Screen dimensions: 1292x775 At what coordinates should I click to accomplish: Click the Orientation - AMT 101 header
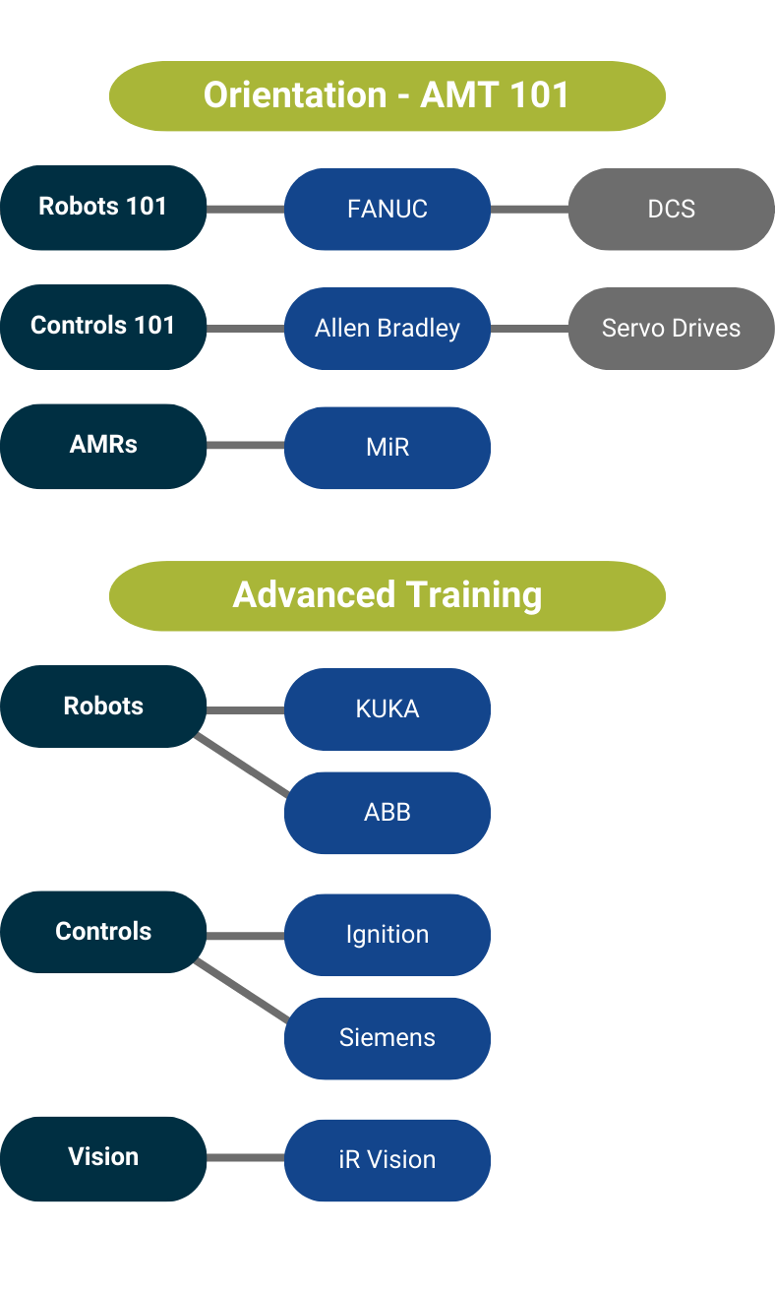[x=387, y=95]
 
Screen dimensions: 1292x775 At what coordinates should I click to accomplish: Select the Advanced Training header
[x=387, y=595]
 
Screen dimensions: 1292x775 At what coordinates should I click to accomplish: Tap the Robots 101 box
[x=103, y=207]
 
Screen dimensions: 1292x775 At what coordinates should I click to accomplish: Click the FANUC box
[x=387, y=209]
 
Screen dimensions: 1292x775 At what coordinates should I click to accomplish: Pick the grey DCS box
[x=671, y=209]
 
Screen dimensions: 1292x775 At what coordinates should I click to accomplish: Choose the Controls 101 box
[x=103, y=327]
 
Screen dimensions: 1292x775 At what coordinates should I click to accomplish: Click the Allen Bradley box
[x=387, y=329]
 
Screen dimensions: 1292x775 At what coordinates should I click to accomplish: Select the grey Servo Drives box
[x=671, y=329]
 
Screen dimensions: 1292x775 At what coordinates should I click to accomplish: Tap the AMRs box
[x=103, y=446]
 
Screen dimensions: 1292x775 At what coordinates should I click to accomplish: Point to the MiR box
[x=387, y=448]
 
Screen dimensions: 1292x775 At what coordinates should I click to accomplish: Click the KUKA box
[x=387, y=709]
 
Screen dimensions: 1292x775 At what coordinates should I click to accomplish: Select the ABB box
[x=387, y=813]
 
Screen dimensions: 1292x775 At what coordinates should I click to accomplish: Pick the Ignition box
[x=387, y=935]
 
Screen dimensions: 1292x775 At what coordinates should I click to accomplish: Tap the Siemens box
[x=387, y=1038]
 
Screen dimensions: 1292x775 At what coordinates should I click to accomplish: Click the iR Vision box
[x=387, y=1160]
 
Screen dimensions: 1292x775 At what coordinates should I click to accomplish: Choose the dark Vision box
[x=103, y=1158]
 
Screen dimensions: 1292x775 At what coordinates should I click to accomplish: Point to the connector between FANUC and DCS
[x=529, y=209]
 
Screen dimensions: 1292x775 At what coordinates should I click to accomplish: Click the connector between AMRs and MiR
[x=245, y=446]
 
